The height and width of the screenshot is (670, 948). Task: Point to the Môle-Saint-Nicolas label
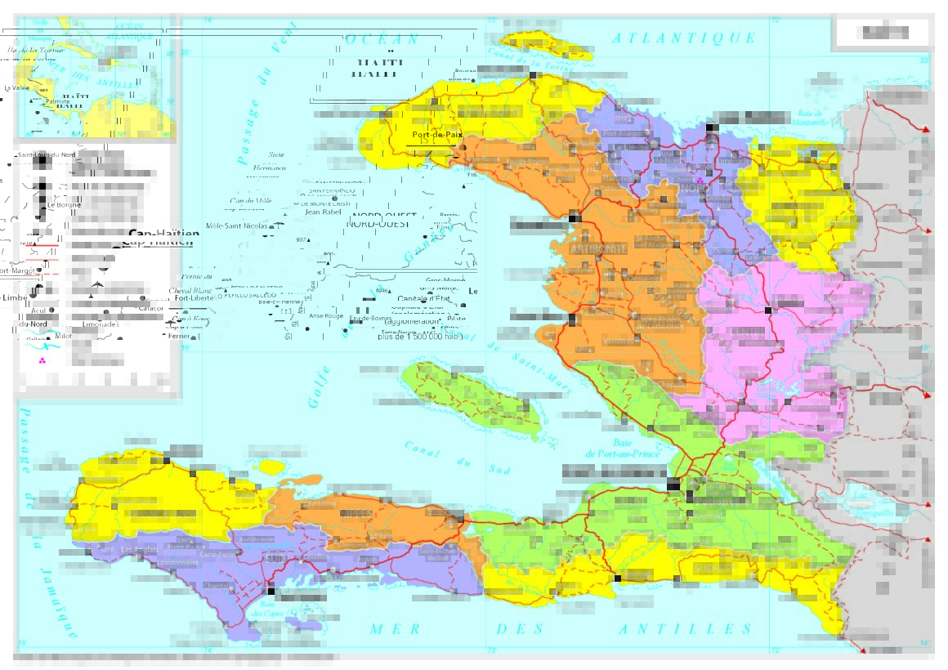[237, 226]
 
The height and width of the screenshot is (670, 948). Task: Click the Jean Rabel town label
[322, 212]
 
